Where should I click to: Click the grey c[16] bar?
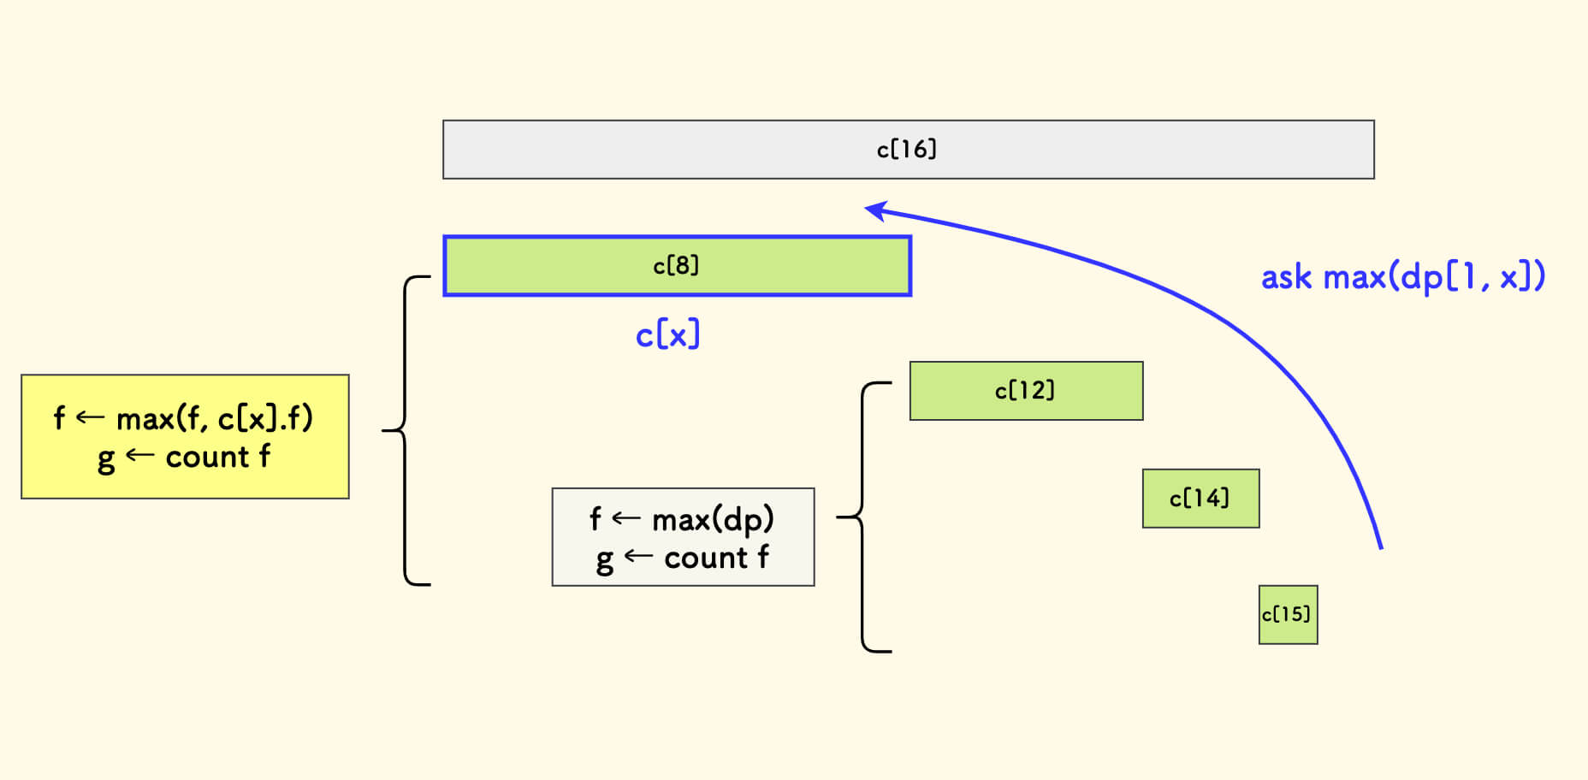click(x=1112, y=150)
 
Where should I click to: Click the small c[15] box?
click(x=1288, y=615)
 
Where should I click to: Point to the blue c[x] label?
click(x=667, y=334)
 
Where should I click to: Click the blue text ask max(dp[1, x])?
click(x=1402, y=277)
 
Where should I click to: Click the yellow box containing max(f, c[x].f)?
click(x=185, y=436)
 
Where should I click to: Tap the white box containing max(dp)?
click(x=683, y=537)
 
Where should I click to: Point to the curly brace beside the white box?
click(x=862, y=517)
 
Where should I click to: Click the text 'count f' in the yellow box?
click(x=217, y=458)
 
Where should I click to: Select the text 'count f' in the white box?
click(x=716, y=558)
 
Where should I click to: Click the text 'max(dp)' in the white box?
click(x=713, y=519)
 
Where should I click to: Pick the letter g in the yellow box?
click(x=106, y=460)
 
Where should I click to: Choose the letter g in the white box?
click(x=605, y=561)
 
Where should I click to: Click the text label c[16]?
click(x=907, y=150)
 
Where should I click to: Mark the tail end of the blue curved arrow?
click(x=1380, y=547)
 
